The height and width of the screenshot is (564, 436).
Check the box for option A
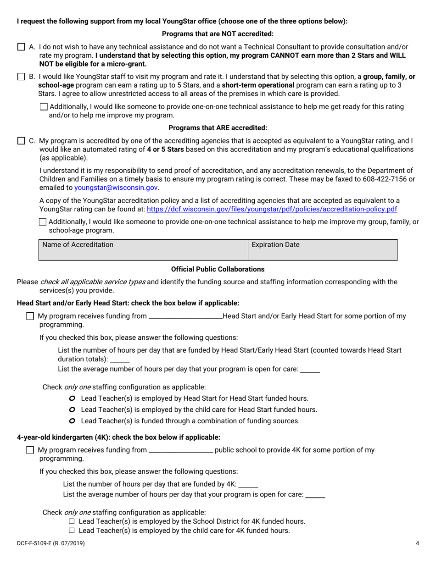click(21, 47)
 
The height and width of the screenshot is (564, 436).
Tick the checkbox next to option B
click(21, 77)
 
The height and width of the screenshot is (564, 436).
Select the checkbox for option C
click(21, 141)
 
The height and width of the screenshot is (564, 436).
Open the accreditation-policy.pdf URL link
click(272, 209)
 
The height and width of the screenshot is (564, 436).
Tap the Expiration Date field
click(323, 250)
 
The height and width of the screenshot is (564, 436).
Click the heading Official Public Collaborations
click(218, 269)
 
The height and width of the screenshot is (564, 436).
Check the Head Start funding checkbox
click(30, 316)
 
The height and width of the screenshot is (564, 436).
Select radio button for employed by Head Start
click(72, 398)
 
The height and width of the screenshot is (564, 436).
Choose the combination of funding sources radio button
click(72, 420)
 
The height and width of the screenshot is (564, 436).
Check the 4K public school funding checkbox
click(30, 450)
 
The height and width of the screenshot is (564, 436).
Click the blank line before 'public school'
click(181, 451)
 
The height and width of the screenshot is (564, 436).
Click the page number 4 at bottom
click(417, 543)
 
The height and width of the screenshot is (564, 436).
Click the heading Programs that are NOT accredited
click(218, 34)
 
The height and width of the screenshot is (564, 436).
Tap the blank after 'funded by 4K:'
click(248, 485)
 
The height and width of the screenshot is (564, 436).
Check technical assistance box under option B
click(44, 107)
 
